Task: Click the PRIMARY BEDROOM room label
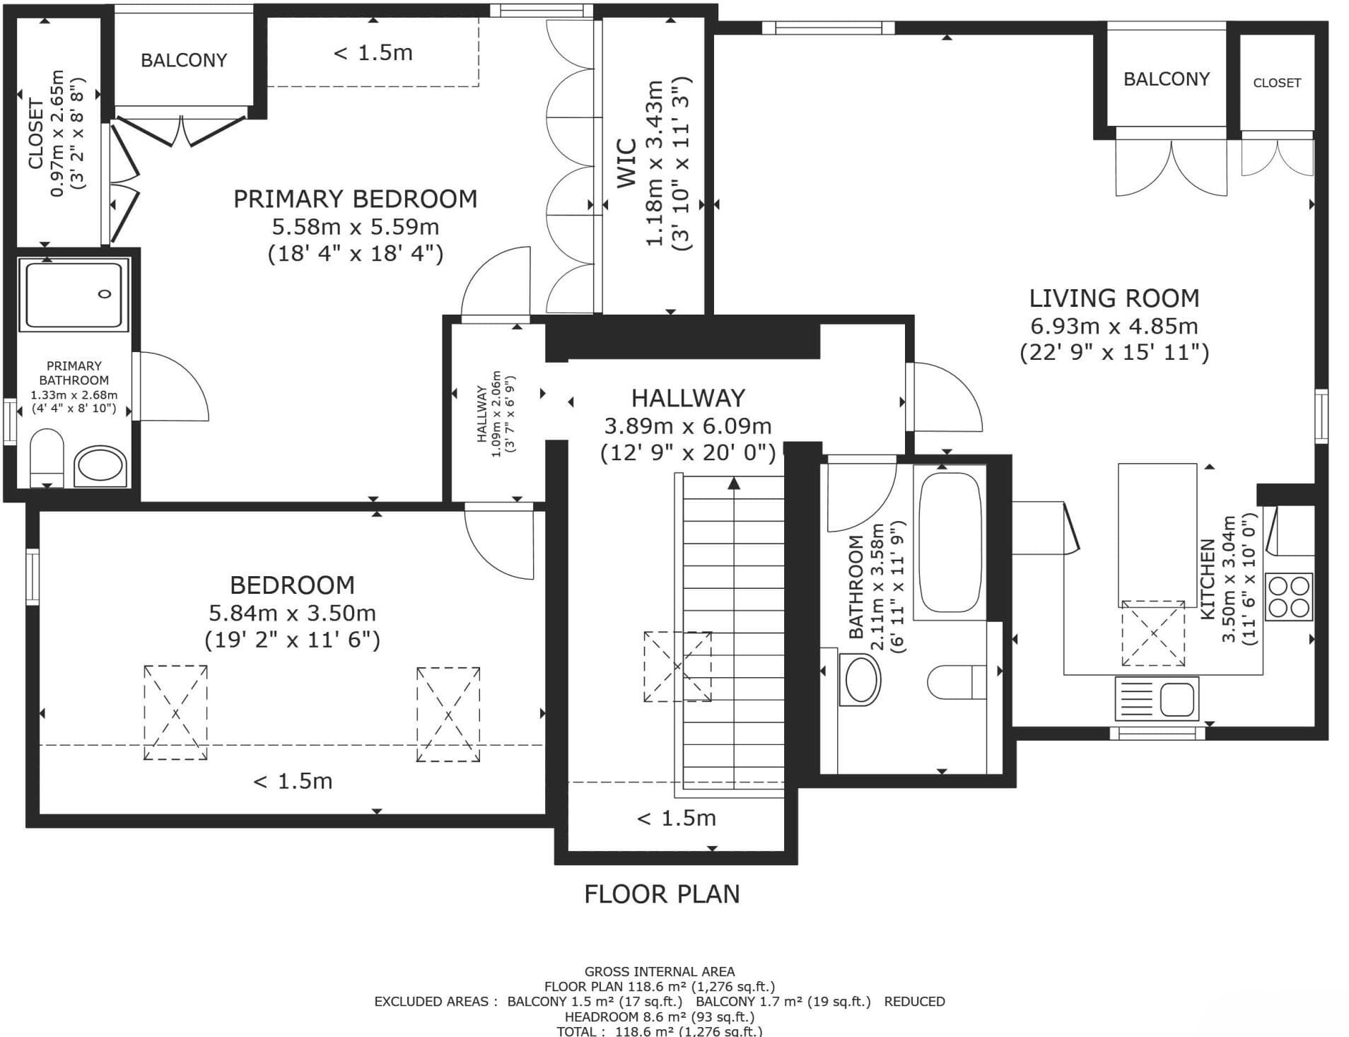click(x=355, y=199)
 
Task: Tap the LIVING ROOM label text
click(x=1114, y=298)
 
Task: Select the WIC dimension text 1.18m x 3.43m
click(x=655, y=163)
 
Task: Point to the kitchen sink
click(x=1157, y=698)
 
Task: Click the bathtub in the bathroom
click(x=949, y=542)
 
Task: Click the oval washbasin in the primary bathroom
click(x=101, y=467)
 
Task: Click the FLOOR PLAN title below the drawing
click(x=662, y=894)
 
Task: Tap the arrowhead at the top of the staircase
click(x=734, y=484)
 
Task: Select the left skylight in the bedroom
click(x=175, y=713)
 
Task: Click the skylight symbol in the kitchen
click(x=1153, y=633)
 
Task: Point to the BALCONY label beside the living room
click(x=1167, y=79)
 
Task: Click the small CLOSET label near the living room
click(x=1277, y=83)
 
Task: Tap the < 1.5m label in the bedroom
click(x=293, y=781)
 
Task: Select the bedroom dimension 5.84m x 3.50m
click(x=292, y=613)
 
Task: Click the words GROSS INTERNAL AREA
click(x=660, y=972)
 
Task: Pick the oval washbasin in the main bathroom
click(x=860, y=679)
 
